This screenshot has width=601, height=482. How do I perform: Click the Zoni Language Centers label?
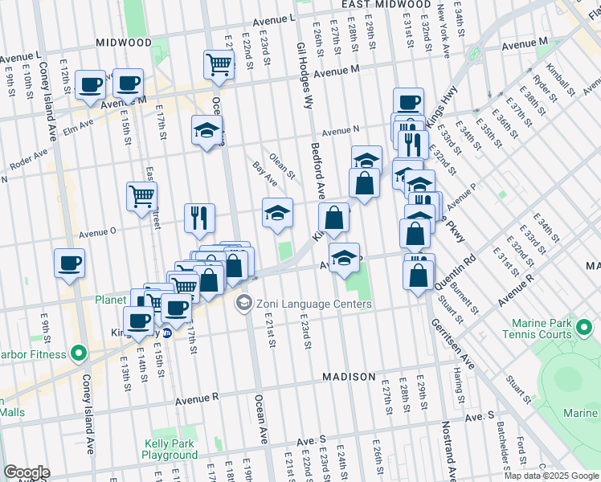point(313,304)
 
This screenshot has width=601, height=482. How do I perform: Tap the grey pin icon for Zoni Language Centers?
point(243,304)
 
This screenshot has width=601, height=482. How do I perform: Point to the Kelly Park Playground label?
point(170,449)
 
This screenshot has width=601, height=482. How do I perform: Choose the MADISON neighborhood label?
point(349,377)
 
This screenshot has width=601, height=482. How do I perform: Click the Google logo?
point(27,472)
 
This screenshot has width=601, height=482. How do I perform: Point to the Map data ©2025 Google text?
point(550,476)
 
